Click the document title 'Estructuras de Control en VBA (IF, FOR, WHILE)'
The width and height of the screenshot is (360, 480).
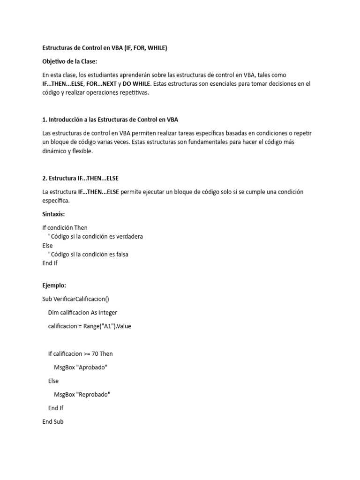[x=105, y=48]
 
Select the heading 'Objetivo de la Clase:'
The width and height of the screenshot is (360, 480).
[x=71, y=61]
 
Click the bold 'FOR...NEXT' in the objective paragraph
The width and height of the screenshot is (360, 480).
[x=101, y=84]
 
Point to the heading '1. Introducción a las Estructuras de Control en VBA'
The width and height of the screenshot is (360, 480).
[x=110, y=120]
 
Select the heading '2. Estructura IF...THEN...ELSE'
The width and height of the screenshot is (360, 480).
[x=83, y=178]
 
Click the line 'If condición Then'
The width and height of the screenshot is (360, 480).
[x=65, y=228]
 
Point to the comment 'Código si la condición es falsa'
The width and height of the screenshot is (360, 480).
[x=90, y=255]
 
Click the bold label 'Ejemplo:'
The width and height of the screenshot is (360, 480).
[x=54, y=285]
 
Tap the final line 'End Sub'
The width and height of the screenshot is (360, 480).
[x=53, y=422]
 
